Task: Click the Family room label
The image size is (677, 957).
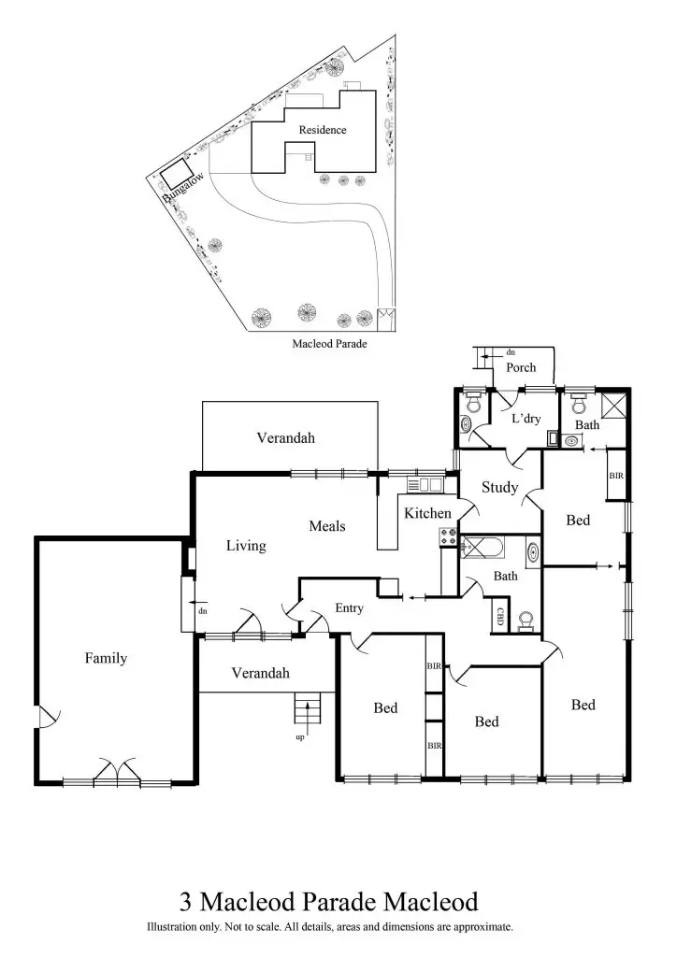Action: click(106, 658)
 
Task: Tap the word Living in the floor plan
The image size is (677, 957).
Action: click(246, 546)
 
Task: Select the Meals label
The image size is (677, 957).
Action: click(327, 526)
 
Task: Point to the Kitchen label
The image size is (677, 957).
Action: click(427, 513)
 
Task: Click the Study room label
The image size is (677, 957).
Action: click(499, 487)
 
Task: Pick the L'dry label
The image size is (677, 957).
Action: click(526, 419)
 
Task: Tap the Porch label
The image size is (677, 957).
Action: click(521, 367)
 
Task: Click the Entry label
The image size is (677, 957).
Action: click(349, 608)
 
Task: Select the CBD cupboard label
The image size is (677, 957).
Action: click(500, 617)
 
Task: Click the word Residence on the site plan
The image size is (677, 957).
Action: click(323, 130)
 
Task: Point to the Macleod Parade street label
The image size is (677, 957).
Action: click(329, 344)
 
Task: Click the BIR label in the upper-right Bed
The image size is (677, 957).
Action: click(615, 476)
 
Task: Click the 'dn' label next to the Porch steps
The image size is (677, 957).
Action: click(511, 352)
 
